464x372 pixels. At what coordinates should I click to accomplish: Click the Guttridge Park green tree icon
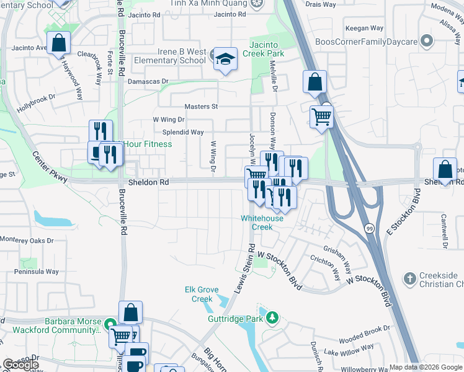(272, 319)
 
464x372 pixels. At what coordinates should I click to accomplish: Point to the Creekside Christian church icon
(409, 279)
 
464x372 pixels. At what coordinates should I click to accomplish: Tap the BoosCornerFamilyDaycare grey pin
(426, 42)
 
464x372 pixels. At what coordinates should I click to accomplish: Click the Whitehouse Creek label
(262, 223)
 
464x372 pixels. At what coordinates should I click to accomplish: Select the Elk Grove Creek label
(199, 294)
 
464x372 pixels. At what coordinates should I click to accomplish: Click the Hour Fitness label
(148, 144)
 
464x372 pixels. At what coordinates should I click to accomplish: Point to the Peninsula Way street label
(37, 272)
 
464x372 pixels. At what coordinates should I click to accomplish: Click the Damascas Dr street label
(148, 81)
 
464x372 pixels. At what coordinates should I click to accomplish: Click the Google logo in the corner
(20, 365)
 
